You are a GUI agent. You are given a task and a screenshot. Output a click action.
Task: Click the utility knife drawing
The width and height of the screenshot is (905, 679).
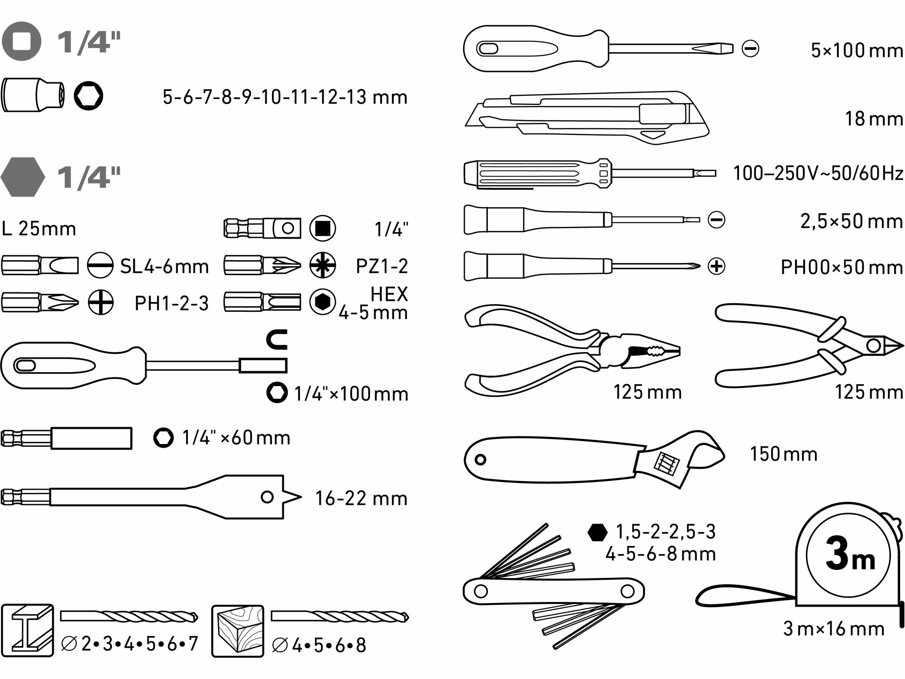click(587, 117)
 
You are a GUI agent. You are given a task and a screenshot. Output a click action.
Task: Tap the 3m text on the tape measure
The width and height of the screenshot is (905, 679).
click(850, 555)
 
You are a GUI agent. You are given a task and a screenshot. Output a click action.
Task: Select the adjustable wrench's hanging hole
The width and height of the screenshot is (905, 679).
click(480, 460)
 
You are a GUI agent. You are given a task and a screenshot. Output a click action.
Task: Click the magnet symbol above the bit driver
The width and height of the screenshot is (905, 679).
click(277, 339)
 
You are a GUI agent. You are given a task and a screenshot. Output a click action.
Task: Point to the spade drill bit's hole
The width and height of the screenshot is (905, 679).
click(267, 497)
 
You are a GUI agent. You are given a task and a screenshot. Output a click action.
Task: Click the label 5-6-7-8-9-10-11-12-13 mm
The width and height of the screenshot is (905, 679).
click(285, 97)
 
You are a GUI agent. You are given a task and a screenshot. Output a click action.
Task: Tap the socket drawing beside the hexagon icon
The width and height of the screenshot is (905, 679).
click(33, 95)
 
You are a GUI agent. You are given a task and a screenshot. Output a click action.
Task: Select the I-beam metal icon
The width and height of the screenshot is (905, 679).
click(28, 630)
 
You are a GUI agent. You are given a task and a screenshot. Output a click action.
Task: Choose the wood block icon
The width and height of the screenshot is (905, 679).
click(238, 631)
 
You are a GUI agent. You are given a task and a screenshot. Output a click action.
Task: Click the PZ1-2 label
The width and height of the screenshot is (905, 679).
click(382, 266)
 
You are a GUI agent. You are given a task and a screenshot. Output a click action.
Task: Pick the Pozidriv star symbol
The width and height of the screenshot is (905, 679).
click(323, 265)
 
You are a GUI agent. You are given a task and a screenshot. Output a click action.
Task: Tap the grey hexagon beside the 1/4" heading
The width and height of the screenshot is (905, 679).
click(23, 177)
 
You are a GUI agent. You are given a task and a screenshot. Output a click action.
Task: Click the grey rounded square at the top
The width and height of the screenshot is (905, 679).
click(21, 41)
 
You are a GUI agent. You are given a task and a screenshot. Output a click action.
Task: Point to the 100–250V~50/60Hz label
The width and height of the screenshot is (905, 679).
click(818, 173)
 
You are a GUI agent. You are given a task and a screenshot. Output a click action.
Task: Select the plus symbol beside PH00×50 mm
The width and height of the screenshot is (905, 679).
click(716, 266)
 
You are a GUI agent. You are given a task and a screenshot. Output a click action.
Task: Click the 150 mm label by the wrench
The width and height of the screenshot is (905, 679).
click(784, 454)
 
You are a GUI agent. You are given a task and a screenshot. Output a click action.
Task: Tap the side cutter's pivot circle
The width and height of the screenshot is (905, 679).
click(874, 346)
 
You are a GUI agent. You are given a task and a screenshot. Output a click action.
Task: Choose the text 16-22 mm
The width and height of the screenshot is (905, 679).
click(361, 498)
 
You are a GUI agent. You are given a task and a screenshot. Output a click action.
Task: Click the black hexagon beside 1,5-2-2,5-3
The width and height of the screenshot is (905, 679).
click(597, 532)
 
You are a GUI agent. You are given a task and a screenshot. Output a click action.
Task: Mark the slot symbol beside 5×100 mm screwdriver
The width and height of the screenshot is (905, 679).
click(750, 48)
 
